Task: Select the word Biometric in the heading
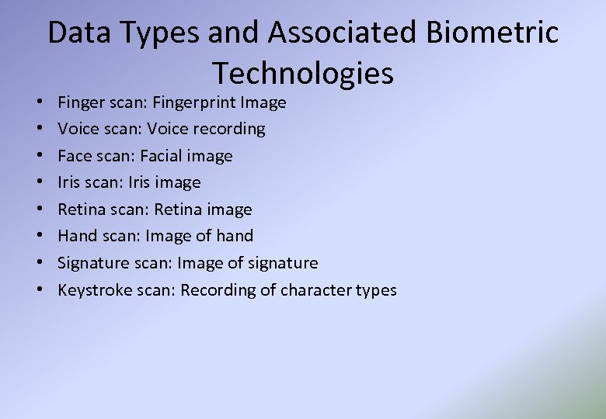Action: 492,33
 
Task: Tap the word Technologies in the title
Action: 303,73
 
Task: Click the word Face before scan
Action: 75,156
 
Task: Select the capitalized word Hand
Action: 76,236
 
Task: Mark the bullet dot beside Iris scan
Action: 39,183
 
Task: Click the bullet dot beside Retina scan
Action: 39,209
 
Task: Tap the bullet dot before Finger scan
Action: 39,102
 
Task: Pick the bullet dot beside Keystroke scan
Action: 39,290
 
